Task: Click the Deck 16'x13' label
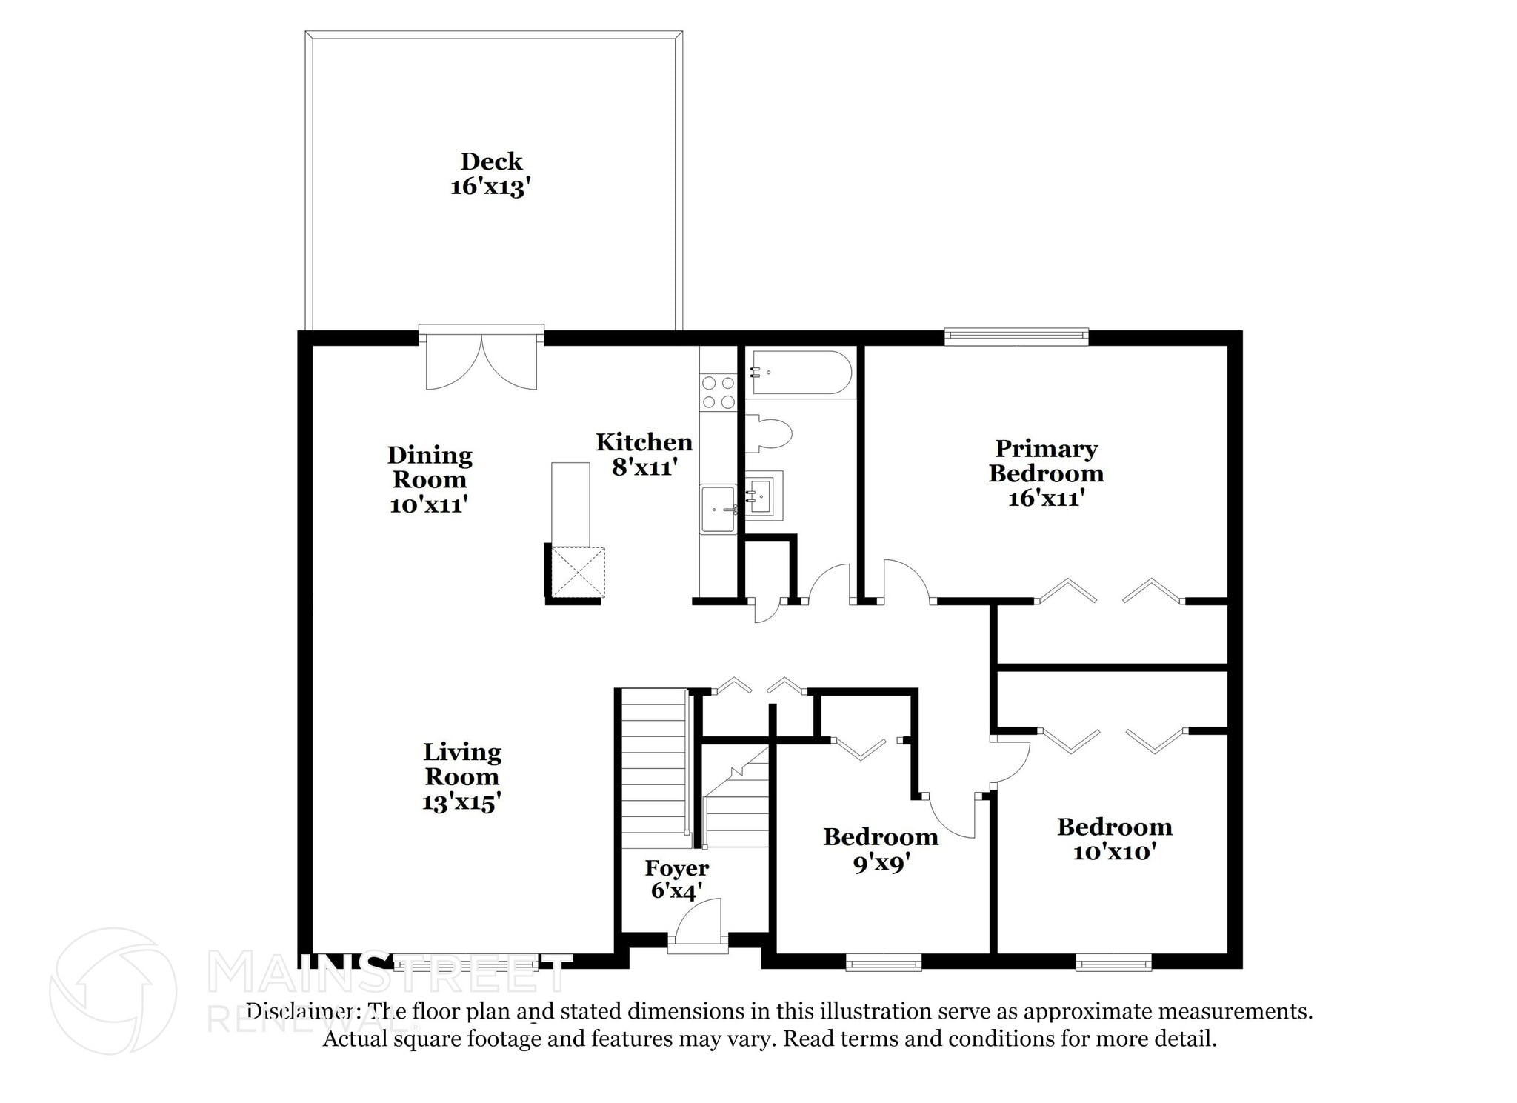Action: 490,174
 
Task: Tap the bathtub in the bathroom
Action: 801,373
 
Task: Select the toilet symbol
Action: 770,434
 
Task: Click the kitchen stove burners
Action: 718,393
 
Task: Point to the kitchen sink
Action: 718,509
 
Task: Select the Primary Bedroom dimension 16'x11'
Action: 1046,498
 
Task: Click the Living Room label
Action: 461,764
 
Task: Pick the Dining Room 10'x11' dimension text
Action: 429,504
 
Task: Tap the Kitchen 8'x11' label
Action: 644,454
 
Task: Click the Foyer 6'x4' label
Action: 676,879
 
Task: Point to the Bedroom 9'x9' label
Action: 880,849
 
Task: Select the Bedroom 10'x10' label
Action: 1114,839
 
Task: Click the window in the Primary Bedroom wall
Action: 1016,337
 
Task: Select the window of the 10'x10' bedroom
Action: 1113,963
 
